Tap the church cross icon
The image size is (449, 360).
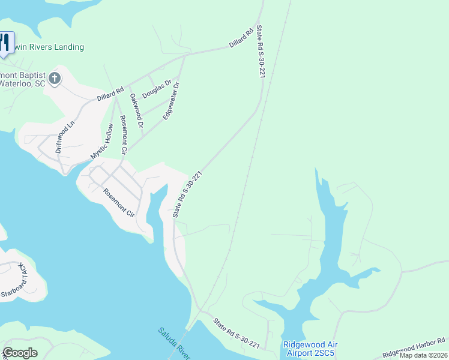55,78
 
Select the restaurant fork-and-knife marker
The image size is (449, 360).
5,43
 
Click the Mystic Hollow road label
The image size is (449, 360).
102,141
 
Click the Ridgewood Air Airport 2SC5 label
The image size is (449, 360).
310,349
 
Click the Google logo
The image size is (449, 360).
20,353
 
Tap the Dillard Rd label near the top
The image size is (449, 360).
242,37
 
